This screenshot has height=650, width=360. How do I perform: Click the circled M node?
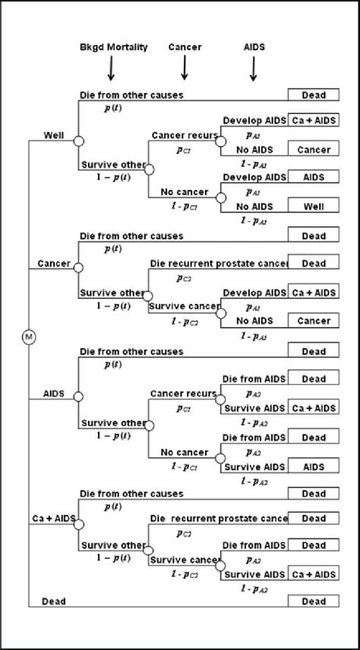29,336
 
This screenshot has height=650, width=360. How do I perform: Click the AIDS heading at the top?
254,47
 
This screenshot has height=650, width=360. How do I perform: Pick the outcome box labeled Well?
314,205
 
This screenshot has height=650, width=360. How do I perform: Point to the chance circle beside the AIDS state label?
78,396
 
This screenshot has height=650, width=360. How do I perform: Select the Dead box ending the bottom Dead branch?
314,601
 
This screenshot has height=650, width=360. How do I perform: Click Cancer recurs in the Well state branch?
185,135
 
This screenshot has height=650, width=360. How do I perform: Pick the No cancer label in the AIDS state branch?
183,453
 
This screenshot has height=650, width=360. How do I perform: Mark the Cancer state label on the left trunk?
54,263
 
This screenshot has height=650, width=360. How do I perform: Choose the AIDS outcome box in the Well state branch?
314,176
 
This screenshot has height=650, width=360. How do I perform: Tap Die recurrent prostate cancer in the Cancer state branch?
220,263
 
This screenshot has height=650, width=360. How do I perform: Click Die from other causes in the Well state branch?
131,95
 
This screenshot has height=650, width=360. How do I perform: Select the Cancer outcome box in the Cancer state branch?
314,321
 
